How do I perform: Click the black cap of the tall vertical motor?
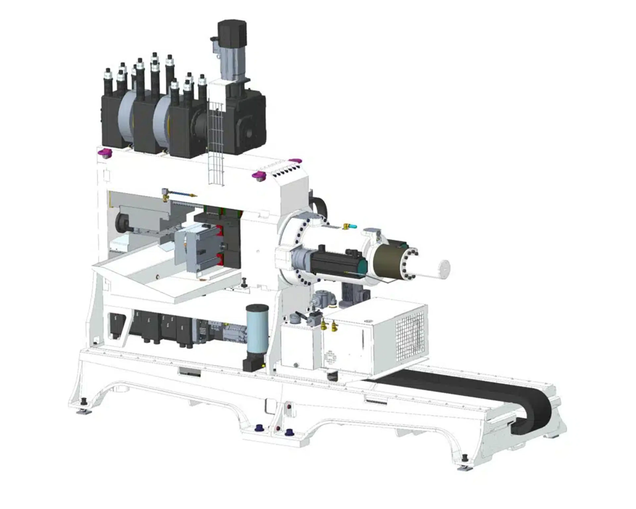pyautogui.click(x=232, y=32)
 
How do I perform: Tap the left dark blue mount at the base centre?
pyautogui.click(x=260, y=427)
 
